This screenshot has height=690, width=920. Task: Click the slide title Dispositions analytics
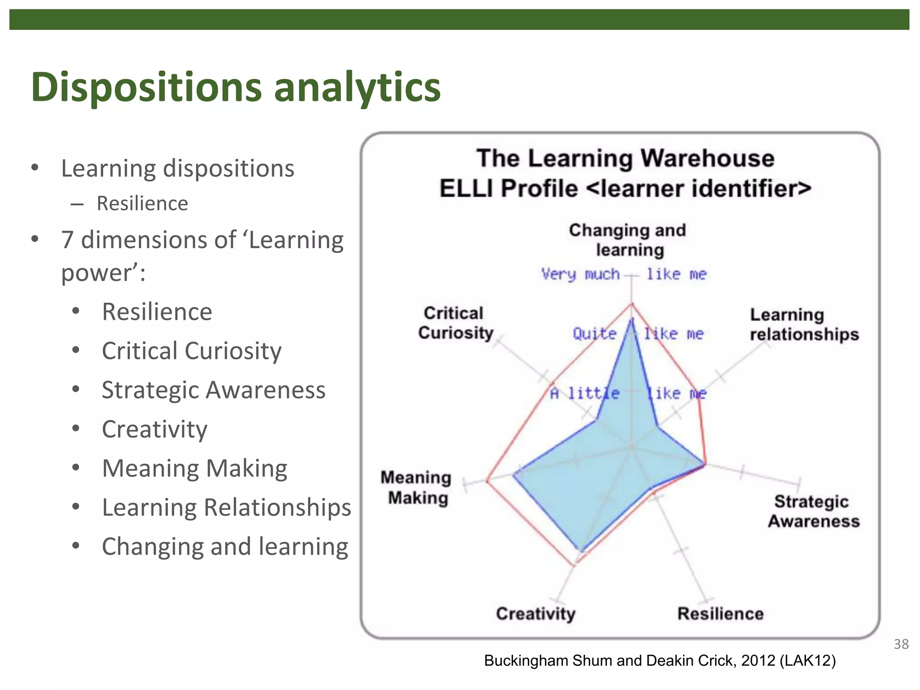point(236,87)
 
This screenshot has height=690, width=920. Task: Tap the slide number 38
point(901,644)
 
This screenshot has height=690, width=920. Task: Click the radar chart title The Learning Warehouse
point(625,159)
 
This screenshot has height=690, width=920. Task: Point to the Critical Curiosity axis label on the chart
point(455,323)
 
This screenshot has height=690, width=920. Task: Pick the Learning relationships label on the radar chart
point(804,325)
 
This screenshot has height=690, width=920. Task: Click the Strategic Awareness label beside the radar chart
point(813,511)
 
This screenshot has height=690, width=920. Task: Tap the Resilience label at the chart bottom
point(720,614)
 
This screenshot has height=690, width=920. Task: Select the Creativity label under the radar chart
point(535,614)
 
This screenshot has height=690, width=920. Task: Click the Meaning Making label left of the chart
point(416,488)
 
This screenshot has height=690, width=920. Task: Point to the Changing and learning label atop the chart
point(628,240)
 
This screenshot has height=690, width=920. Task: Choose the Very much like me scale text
point(624,274)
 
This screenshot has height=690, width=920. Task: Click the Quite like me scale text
point(638,334)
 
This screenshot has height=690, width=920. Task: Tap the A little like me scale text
point(628,394)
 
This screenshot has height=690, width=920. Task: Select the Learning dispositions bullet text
point(177,168)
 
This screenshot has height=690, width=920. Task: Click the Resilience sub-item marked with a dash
point(142,203)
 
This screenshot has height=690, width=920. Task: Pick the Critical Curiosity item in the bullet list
point(191,351)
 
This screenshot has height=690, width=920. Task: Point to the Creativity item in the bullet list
point(155,429)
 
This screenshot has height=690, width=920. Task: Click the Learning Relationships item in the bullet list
point(226,507)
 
